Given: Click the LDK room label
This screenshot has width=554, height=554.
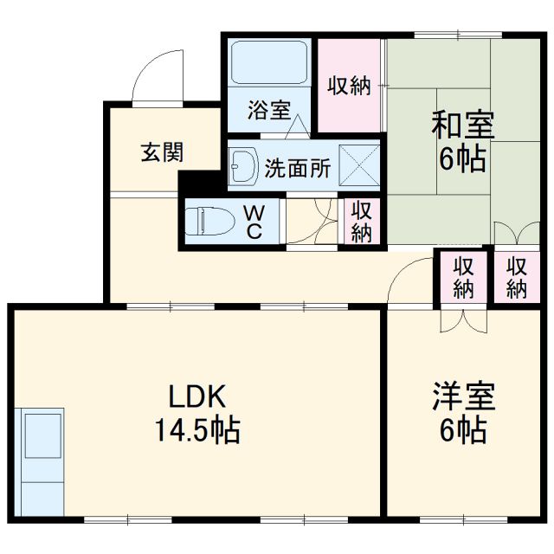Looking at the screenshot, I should point(196,397).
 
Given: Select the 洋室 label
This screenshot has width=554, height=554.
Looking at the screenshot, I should point(464,397).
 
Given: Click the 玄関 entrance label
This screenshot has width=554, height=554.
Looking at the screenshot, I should point(162,153).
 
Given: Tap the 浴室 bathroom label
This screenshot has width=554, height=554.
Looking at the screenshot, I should point(269,111).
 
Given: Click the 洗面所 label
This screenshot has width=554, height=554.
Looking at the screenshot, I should point(296,168).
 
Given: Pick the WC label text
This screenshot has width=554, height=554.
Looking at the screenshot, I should point(254,222).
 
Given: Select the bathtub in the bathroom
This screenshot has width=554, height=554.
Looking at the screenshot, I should point(268,63).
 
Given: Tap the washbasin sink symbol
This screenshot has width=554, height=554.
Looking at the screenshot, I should point(244,166).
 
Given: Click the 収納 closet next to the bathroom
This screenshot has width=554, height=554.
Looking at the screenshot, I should point(349,86).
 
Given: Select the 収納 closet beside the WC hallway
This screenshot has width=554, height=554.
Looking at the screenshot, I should point(361,222).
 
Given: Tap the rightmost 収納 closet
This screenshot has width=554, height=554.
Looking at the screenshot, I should point(518,277).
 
